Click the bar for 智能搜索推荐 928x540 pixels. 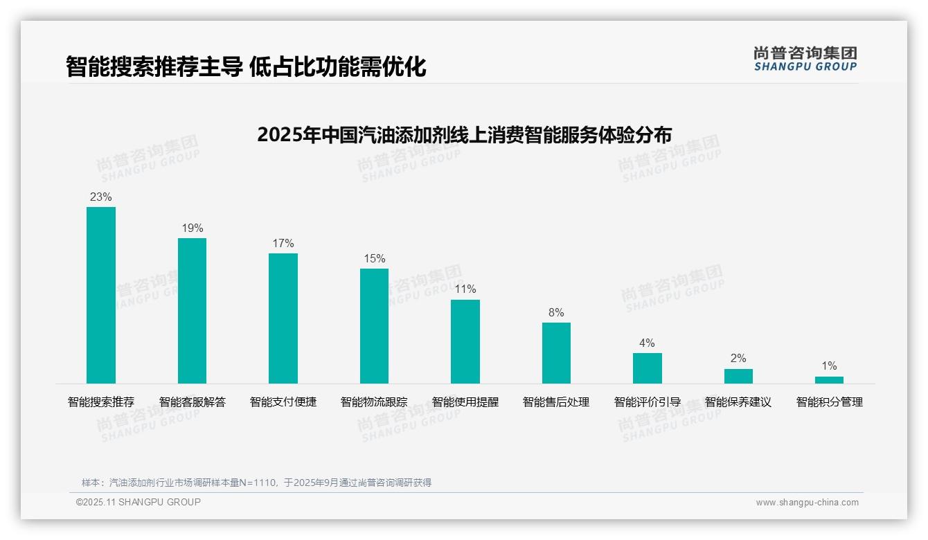tap(101, 295)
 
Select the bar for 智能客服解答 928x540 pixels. tap(192, 311)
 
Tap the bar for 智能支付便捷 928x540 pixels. tap(283, 318)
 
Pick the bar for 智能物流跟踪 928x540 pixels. tap(374, 326)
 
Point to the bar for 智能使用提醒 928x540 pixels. tap(465, 341)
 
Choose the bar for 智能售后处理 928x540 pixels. tap(556, 353)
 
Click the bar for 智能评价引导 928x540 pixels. tap(648, 368)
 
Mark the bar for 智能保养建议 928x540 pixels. tap(738, 376)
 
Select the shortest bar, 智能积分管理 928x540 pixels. tap(829, 380)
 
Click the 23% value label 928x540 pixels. tap(101, 197)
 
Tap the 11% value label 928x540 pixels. tap(465, 289)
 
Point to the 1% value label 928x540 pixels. tap(829, 366)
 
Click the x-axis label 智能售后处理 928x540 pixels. tap(556, 402)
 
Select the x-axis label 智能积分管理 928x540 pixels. tap(829, 402)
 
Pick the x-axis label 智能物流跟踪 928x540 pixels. tap(374, 402)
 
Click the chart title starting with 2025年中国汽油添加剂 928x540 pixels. tap(464, 134)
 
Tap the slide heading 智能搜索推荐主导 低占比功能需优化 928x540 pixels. tap(246, 66)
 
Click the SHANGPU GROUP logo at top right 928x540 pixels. tap(805, 59)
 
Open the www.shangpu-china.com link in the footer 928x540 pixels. tap(807, 503)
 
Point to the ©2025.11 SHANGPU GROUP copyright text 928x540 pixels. tap(139, 502)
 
